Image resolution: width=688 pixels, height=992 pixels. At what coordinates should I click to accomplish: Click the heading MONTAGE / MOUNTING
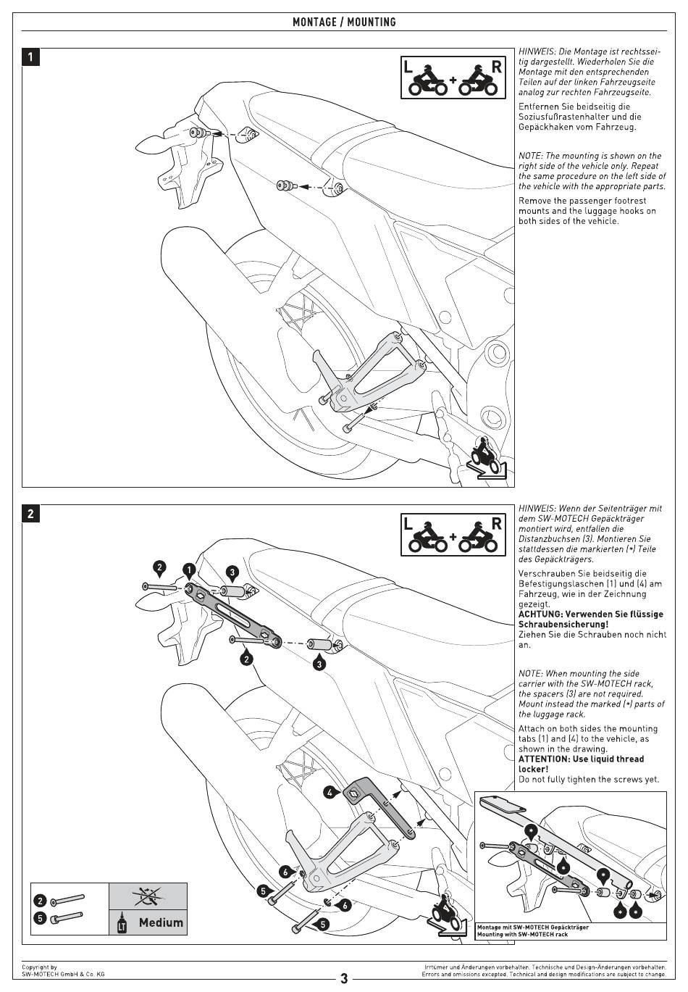pos(344,22)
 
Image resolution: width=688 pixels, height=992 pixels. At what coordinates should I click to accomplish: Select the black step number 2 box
pos(30,514)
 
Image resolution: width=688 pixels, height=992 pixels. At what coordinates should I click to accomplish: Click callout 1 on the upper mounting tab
pos(188,570)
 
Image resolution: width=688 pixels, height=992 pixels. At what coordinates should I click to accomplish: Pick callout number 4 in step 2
pos(330,793)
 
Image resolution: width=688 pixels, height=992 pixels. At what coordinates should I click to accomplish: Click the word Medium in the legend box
pos(161,922)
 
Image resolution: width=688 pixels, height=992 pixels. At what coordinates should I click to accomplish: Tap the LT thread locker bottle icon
pos(122,922)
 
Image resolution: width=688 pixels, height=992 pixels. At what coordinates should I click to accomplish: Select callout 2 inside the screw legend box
pos(41,901)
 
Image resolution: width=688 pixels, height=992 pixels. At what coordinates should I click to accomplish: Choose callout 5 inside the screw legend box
pos(41,917)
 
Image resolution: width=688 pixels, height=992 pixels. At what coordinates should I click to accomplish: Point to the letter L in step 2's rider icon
pos(408,523)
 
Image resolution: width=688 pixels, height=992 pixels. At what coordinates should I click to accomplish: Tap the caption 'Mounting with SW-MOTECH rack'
pos(521,934)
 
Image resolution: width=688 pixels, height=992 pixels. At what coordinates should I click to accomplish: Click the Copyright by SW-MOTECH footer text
pos(62,970)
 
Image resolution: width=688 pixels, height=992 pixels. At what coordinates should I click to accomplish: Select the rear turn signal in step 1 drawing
pos(148,141)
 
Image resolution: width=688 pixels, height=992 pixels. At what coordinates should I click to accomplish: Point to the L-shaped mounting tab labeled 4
pos(377,804)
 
